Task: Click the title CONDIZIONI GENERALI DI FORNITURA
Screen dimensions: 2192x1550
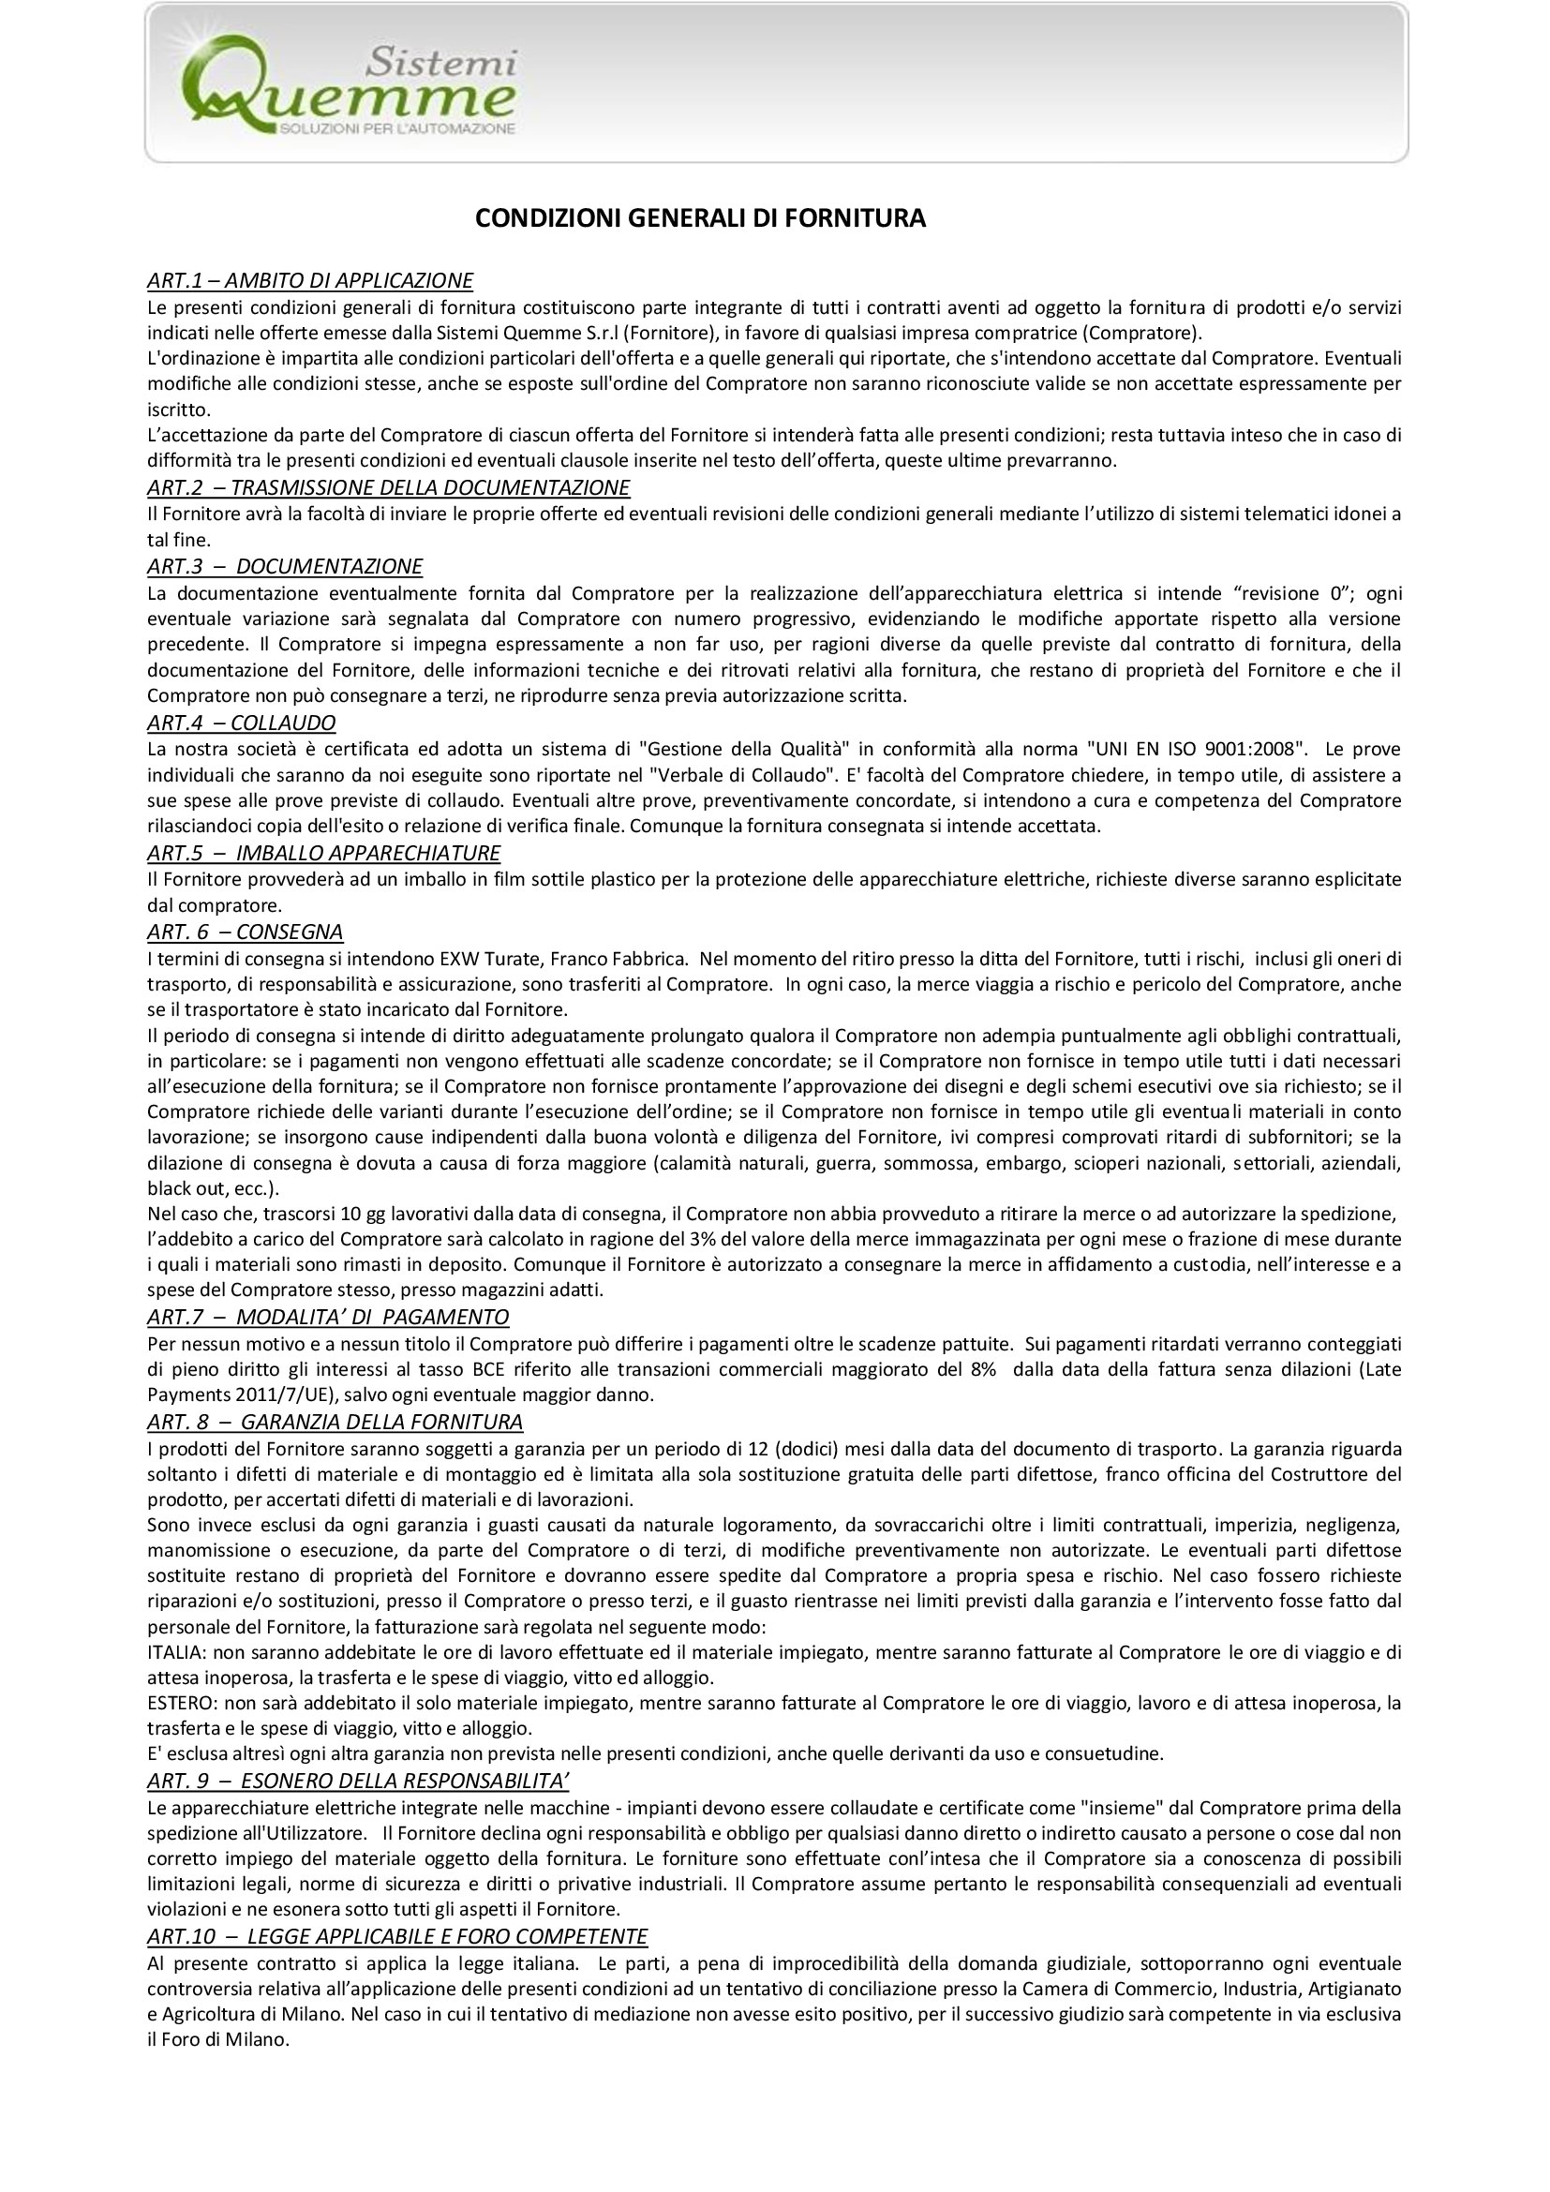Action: click(701, 218)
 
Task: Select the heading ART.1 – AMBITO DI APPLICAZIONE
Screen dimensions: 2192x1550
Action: click(310, 281)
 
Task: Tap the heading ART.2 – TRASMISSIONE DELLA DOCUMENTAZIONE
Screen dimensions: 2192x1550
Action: click(389, 488)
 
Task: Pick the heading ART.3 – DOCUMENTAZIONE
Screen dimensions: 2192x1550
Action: click(285, 566)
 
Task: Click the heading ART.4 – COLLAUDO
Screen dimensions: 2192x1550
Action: click(241, 722)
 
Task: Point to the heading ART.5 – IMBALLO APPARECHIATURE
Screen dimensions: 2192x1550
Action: click(323, 853)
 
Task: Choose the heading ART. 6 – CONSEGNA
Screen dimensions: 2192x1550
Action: click(246, 931)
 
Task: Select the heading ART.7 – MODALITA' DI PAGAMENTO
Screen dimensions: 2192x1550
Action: click(328, 1318)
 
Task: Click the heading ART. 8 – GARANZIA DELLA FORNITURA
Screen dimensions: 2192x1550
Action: click(335, 1422)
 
